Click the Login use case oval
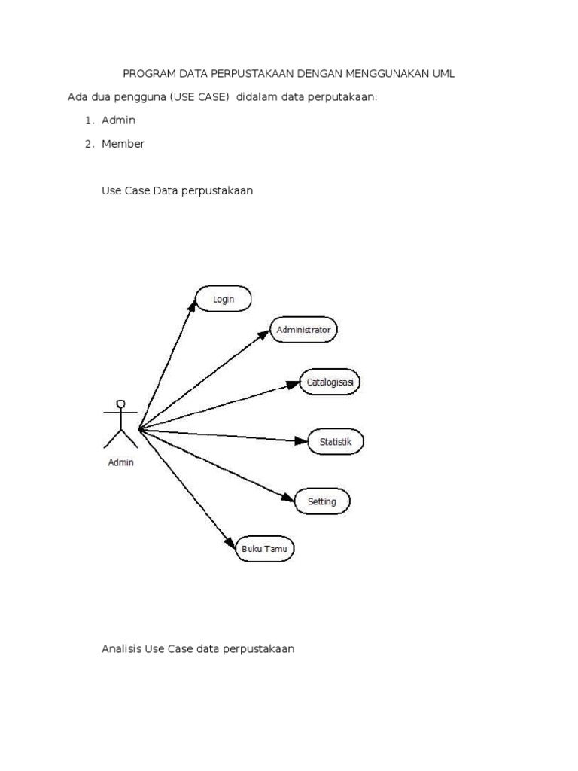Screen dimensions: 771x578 coord(224,299)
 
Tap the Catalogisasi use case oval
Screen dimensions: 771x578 coord(330,382)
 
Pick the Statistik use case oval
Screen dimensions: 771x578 coord(336,442)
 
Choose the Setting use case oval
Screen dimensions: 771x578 coord(322,501)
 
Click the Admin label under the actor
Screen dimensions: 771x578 coord(120,462)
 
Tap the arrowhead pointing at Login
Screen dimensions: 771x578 coord(193,303)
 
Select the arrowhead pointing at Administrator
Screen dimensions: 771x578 coord(263,334)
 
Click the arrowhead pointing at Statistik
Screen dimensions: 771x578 coord(302,441)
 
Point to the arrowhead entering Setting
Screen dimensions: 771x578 coord(287,497)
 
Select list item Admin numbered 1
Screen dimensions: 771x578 coord(119,120)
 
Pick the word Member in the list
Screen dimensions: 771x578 coord(123,143)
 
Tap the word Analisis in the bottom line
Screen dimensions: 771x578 coord(121,648)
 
